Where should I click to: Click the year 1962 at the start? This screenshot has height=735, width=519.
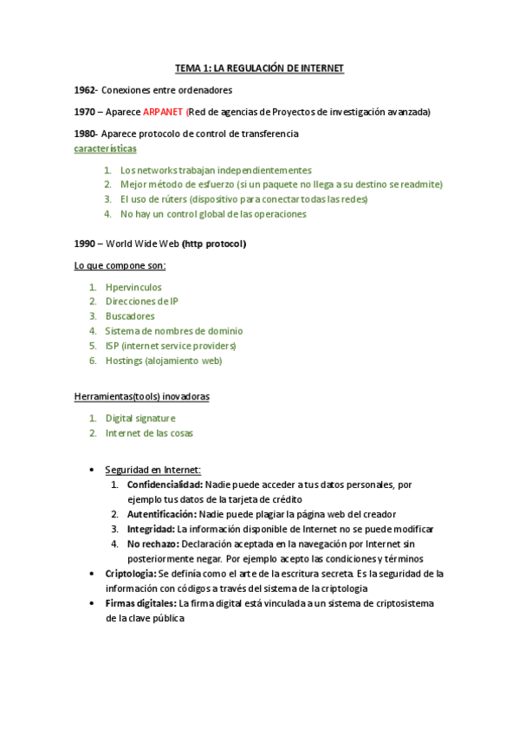[x=86, y=90]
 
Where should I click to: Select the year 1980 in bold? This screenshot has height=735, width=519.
[x=86, y=133]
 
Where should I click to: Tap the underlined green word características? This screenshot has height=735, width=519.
[x=106, y=148]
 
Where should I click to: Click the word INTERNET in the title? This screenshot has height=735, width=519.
[x=319, y=68]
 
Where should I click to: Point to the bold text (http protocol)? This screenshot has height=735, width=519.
[x=214, y=244]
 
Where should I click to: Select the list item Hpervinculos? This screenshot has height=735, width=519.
[x=133, y=287]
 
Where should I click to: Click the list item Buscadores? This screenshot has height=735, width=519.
[x=130, y=316]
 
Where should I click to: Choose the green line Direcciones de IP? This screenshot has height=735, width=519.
[x=142, y=302]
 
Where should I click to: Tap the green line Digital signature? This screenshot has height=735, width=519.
[x=140, y=418]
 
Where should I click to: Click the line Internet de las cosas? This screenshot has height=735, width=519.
[x=149, y=433]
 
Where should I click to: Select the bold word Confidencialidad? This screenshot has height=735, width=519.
[x=165, y=485]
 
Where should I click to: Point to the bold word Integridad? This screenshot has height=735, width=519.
[x=151, y=529]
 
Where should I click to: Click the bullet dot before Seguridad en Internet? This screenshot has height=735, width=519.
[x=93, y=471]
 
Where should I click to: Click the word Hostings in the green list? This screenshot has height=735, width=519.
[x=124, y=361]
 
